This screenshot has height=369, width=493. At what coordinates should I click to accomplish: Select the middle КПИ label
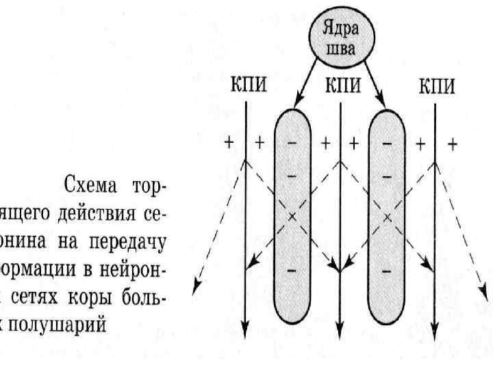tap(340, 87)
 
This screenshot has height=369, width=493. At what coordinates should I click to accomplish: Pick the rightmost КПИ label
tap(435, 87)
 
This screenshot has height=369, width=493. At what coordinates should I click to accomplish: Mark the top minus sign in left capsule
tap(292, 144)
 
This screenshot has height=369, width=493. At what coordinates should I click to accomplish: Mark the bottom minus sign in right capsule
tap(388, 272)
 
